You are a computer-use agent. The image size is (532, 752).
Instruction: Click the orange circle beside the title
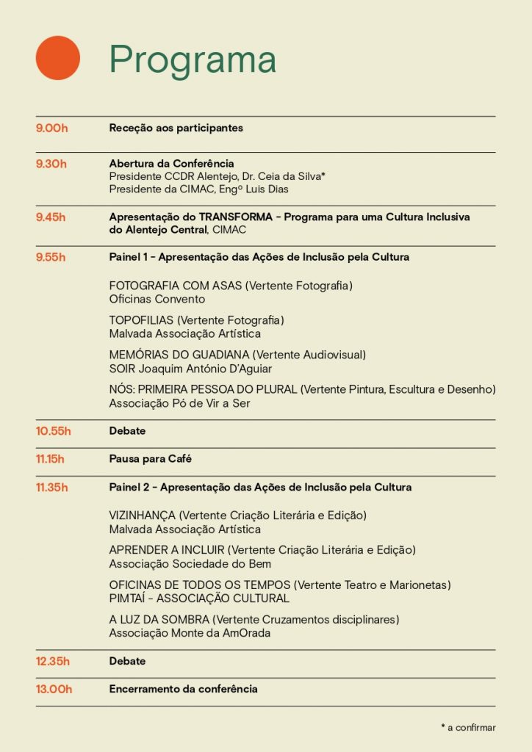(x=58, y=58)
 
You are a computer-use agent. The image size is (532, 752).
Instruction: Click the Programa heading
(x=193, y=59)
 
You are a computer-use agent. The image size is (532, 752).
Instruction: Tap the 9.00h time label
(x=52, y=129)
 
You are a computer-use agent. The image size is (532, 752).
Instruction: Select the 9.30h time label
(x=51, y=164)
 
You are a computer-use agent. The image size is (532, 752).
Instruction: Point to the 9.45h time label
(x=51, y=217)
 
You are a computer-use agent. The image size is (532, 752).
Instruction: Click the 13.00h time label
(x=54, y=689)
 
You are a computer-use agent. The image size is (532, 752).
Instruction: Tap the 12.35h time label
(x=53, y=661)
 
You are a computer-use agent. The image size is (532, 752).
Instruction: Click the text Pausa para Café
(x=151, y=459)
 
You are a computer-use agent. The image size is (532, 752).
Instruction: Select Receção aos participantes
(x=176, y=129)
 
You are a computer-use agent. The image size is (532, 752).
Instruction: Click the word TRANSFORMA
(x=240, y=217)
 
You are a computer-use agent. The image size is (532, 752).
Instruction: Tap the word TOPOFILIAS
(x=141, y=320)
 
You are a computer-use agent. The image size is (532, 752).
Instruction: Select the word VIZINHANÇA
(x=143, y=516)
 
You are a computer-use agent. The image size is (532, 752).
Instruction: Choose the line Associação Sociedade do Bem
(x=190, y=564)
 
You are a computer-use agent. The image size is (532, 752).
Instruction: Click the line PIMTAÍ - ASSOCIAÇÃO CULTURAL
(x=199, y=599)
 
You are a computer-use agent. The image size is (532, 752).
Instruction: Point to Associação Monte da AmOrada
(x=190, y=633)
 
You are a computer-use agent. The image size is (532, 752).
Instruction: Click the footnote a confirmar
(x=471, y=728)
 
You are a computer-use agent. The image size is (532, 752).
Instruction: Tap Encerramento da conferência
(x=183, y=689)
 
